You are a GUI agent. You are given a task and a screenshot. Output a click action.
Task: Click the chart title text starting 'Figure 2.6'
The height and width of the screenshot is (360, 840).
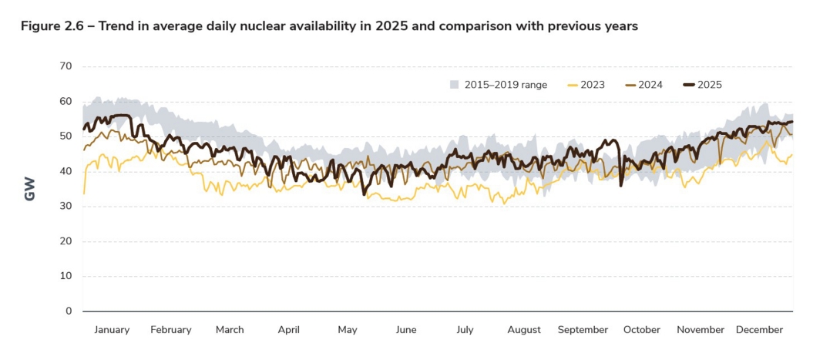coord(329,26)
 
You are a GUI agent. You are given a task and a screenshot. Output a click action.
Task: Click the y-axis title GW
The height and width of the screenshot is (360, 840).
coord(30,190)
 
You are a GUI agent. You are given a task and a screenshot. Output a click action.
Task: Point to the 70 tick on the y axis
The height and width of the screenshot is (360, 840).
coord(66,66)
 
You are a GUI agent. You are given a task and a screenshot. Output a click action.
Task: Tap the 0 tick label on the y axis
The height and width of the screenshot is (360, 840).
coord(69,311)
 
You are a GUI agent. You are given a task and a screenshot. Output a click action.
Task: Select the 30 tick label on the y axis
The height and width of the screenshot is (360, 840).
coord(66,207)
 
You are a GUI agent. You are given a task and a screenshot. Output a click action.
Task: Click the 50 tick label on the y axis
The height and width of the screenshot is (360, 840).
coord(66,136)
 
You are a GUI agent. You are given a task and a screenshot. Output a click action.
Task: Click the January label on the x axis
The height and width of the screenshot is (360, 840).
coord(112,330)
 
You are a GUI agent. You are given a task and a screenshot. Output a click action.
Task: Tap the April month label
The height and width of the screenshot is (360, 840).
coord(288,330)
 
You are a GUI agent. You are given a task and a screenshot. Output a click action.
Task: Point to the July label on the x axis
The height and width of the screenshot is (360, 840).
coord(465,330)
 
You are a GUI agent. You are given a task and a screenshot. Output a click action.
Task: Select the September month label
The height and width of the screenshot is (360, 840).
coord(583,330)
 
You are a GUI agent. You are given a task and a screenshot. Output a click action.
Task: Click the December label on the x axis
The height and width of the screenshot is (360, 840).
coord(759,330)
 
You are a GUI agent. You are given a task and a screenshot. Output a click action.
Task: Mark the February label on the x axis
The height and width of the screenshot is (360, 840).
coord(170,330)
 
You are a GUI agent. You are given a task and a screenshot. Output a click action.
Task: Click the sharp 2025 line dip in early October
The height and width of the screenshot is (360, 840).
coord(621,185)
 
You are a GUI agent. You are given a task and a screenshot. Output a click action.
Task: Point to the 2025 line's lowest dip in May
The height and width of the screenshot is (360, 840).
coord(364,193)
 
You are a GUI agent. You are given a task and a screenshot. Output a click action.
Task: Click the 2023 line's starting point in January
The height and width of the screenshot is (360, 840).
coord(83,193)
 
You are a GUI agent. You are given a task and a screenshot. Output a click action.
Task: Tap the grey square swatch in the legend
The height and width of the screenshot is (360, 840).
coord(455,85)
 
